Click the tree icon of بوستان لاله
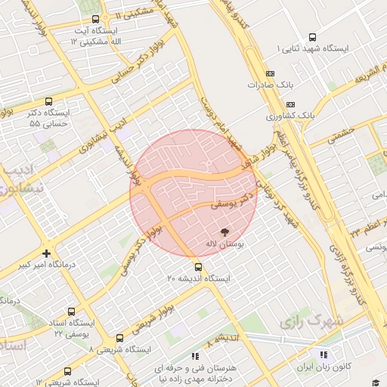point(224,231)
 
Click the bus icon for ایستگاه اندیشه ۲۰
point(198,266)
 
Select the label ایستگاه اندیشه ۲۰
point(198,278)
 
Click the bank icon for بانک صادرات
point(271,73)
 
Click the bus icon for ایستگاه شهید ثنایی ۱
point(313,37)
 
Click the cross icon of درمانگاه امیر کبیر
point(47,253)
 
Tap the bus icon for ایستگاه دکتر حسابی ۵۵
point(49,101)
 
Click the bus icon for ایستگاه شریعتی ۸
point(119,338)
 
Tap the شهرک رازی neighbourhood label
point(311,321)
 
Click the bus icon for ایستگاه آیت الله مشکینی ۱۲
point(95,19)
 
